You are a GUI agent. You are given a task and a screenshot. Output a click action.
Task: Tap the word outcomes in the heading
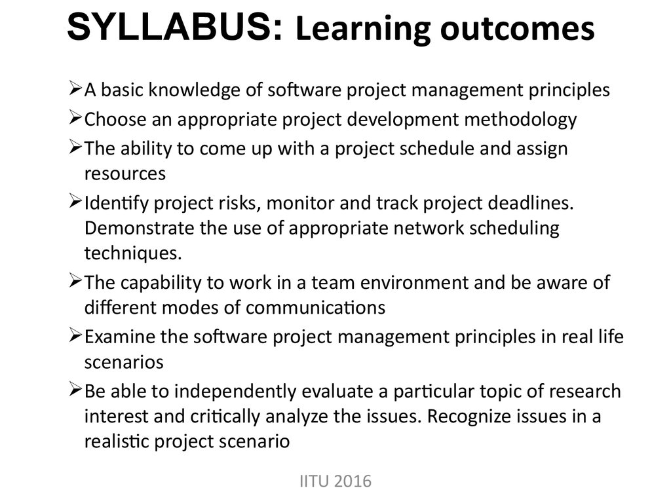click(518, 28)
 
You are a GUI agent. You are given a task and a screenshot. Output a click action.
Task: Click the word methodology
click(520, 120)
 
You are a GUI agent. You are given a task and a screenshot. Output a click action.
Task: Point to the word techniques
click(132, 253)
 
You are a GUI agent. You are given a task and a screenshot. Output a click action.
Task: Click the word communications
click(315, 308)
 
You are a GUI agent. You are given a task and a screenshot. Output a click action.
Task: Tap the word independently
click(235, 392)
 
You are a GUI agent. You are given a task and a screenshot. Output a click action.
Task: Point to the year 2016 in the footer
click(353, 481)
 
